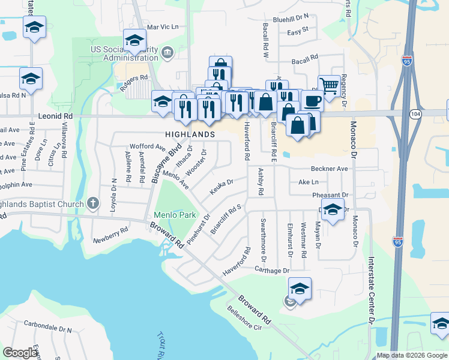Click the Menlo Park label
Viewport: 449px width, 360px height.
click(175, 215)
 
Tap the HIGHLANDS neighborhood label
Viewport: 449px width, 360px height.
click(191, 134)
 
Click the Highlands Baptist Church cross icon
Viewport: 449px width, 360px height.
click(92, 203)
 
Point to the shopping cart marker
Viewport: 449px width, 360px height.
click(327, 85)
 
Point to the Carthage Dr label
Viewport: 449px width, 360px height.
click(273, 271)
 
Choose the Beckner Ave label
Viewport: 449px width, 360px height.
click(329, 169)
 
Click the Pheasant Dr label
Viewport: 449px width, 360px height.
click(330, 196)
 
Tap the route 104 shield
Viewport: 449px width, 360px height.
click(415, 113)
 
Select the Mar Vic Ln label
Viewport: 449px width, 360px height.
click(163, 27)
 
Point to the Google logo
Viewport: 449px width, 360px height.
click(20, 353)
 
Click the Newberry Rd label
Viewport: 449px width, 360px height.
click(110, 235)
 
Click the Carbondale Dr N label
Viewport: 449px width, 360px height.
click(52, 329)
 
